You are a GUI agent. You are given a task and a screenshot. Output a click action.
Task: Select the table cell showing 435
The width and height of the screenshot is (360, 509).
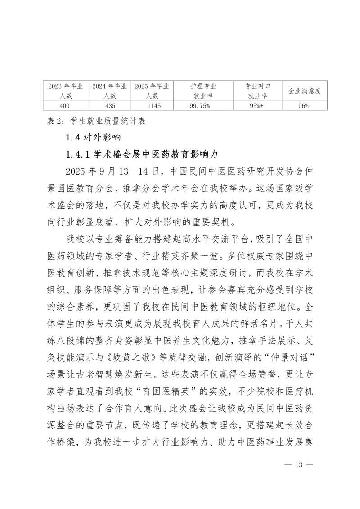click(x=110, y=106)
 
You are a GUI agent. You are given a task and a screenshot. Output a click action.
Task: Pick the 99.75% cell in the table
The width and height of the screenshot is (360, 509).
click(x=203, y=106)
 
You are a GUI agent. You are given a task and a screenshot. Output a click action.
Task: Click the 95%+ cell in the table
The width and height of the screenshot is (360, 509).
click(x=257, y=106)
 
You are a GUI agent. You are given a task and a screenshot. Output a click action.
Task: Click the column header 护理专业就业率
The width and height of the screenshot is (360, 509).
click(x=203, y=91)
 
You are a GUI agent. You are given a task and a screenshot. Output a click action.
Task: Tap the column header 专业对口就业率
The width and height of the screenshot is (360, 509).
click(x=257, y=91)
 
